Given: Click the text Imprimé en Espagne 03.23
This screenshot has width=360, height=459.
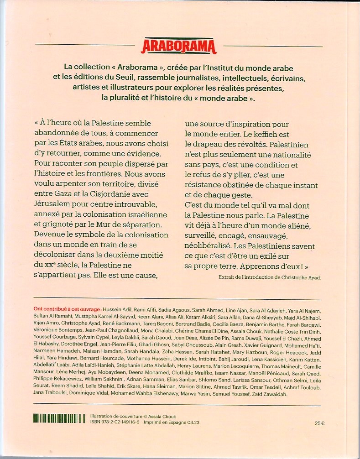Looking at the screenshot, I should coord(173,423).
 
